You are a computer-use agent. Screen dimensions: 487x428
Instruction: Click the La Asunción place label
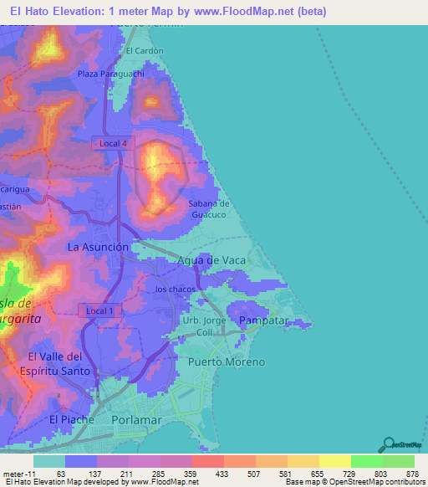click(x=98, y=248)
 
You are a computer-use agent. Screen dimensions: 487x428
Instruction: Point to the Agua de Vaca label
click(x=211, y=260)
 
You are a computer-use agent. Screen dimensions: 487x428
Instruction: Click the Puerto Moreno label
click(x=227, y=361)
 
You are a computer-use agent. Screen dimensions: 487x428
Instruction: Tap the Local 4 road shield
click(x=113, y=143)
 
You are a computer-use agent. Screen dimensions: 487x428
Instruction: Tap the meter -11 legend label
click(x=18, y=473)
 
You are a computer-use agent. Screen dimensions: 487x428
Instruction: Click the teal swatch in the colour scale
click(x=48, y=461)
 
